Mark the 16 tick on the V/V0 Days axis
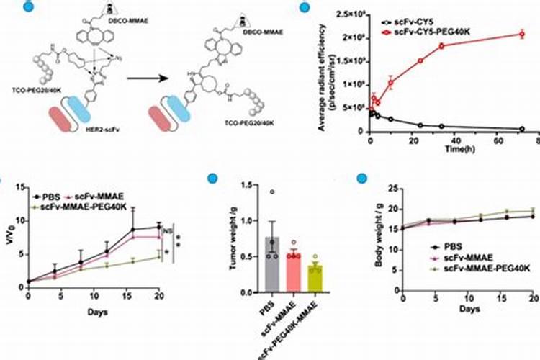click(132, 297)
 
